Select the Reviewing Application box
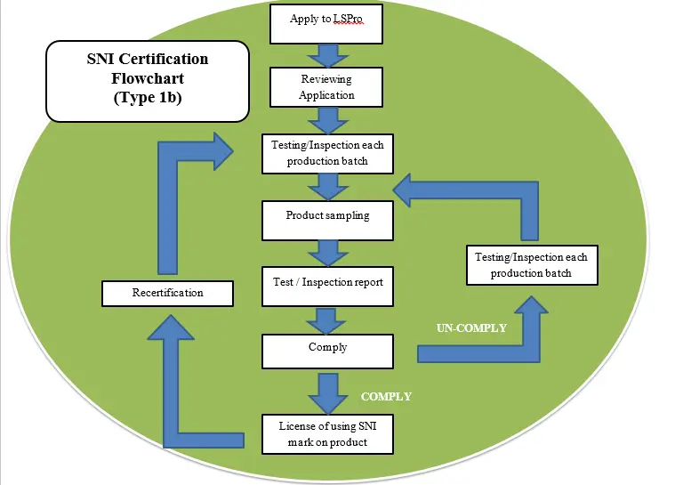click(327, 87)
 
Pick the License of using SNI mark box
click(327, 432)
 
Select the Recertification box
click(168, 292)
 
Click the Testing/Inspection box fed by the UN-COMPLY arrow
click(531, 264)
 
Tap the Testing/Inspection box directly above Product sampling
click(327, 153)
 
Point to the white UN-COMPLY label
click(471, 328)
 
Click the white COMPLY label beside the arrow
click(386, 396)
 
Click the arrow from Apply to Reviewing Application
click(327, 56)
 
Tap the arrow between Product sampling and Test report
click(327, 254)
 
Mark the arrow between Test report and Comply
click(327, 319)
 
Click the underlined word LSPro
click(349, 19)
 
